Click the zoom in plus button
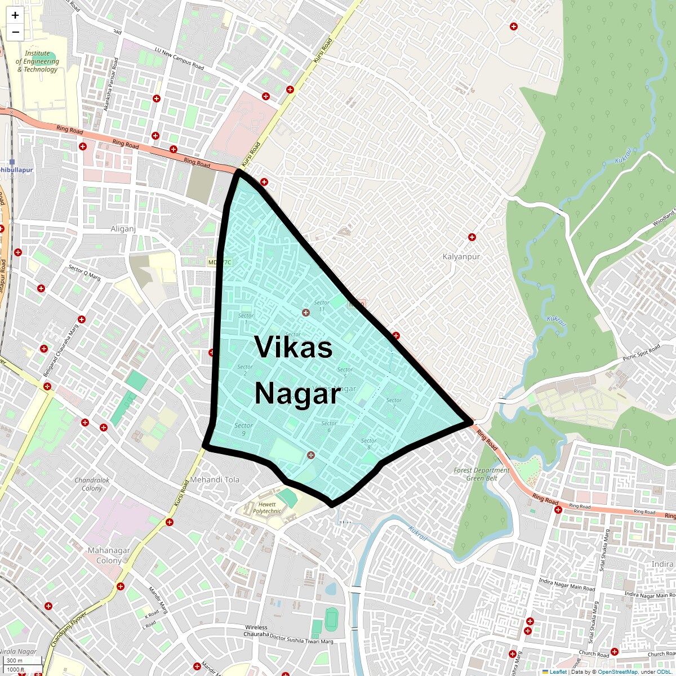[15, 15]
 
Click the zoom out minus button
[15, 32]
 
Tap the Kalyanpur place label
[461, 256]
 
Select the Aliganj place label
[123, 229]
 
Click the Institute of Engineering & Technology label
[37, 61]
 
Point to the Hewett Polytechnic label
[267, 508]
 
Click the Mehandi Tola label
[215, 479]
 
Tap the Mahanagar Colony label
[109, 555]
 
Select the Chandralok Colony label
[92, 484]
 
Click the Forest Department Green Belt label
[482, 474]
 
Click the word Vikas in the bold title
[293, 347]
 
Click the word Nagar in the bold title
[297, 393]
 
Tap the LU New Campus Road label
[179, 59]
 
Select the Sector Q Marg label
[84, 273]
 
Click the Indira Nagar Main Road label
[567, 585]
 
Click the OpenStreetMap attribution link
[617, 672]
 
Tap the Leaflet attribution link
[558, 672]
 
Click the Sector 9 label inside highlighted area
[243, 429]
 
